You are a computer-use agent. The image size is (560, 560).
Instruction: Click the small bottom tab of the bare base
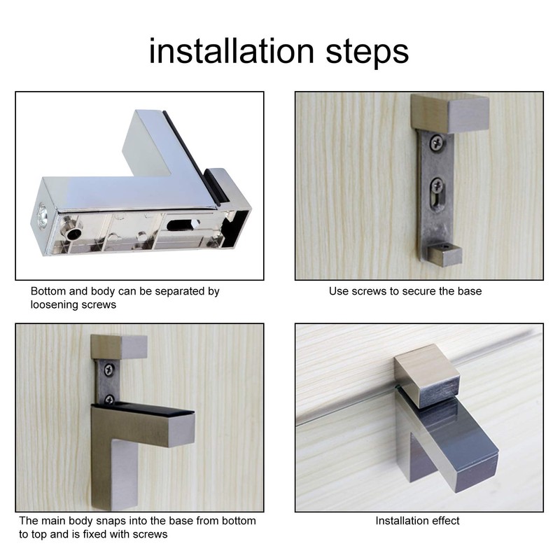tap(444, 253)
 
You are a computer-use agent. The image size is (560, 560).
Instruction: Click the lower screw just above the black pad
tap(110, 399)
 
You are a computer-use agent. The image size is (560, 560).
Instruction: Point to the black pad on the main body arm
tap(150, 407)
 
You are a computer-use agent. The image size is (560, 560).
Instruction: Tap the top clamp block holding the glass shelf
tap(426, 381)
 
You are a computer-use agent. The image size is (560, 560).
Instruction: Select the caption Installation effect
tap(417, 521)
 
